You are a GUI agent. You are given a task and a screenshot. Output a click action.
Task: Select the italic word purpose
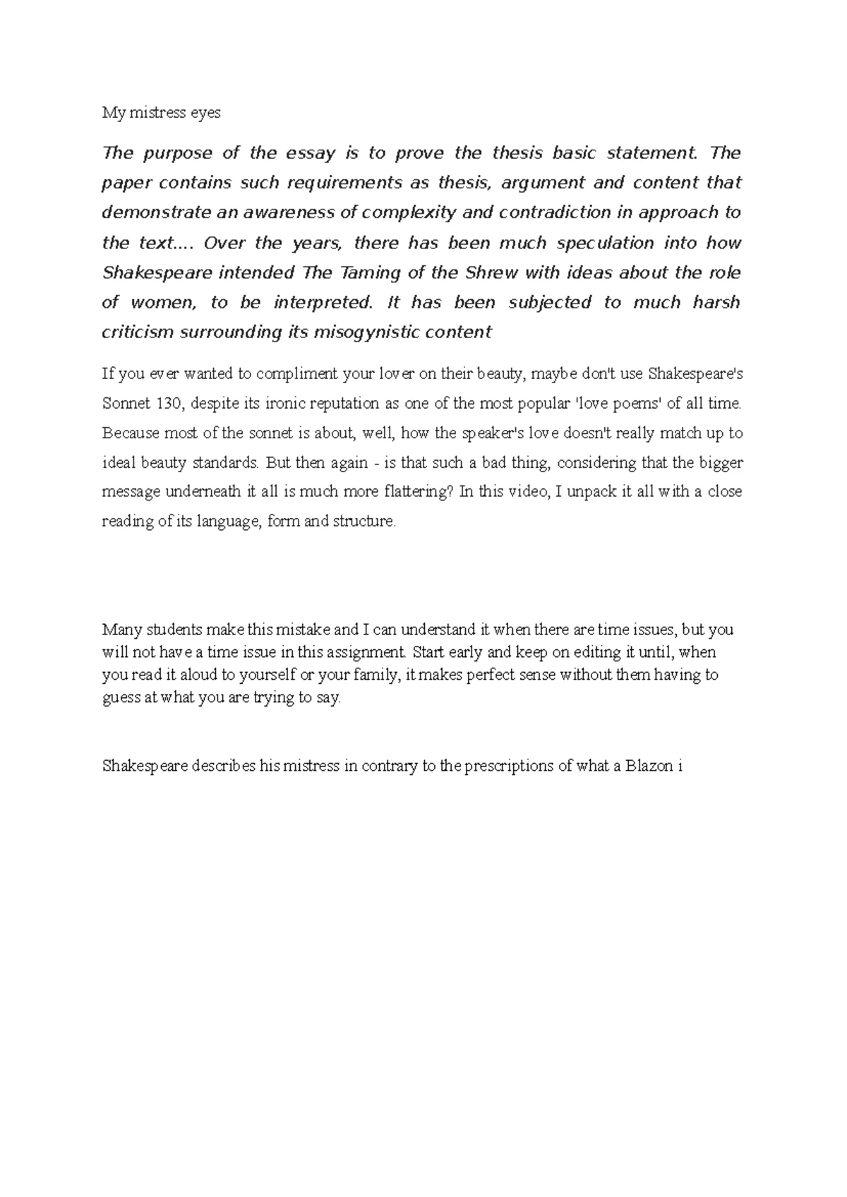click(x=174, y=153)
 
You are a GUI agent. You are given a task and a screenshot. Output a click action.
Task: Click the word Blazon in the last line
click(x=648, y=766)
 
